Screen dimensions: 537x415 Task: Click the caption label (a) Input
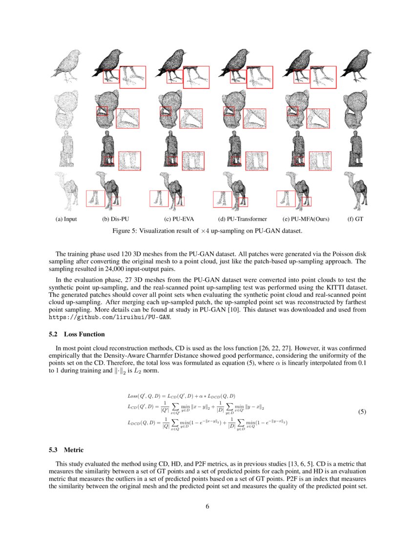click(x=66, y=219)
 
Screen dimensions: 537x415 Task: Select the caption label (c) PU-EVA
click(x=180, y=219)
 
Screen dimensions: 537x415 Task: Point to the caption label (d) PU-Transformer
click(x=243, y=219)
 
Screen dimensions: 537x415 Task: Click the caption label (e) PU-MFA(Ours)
click(x=306, y=219)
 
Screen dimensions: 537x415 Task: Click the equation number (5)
click(x=362, y=412)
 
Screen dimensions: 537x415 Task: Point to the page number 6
click(x=207, y=506)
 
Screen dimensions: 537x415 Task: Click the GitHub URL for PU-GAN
click(x=110, y=316)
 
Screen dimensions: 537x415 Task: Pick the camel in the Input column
click(x=67, y=188)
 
